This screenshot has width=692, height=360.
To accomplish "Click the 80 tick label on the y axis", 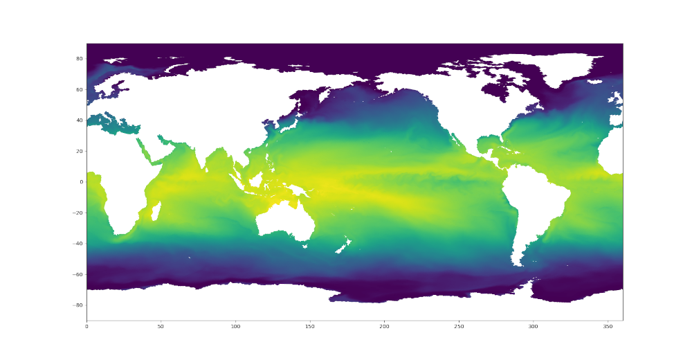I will pyautogui.click(x=80, y=59).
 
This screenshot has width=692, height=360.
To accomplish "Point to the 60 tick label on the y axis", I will pyautogui.click(x=80, y=89).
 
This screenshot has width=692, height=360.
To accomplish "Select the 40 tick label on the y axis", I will pyautogui.click(x=80, y=120).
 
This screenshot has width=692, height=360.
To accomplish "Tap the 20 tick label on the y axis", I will pyautogui.click(x=80, y=151).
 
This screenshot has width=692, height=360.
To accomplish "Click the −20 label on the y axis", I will pyautogui.click(x=79, y=213).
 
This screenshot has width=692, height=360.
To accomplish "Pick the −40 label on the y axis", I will pyautogui.click(x=79, y=244).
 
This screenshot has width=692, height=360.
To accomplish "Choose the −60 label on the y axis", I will pyautogui.click(x=79, y=274).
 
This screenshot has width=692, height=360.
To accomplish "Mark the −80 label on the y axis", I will pyautogui.click(x=79, y=305).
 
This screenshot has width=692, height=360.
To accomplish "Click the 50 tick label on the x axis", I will pyautogui.click(x=161, y=326).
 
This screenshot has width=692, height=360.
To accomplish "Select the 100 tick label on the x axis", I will pyautogui.click(x=235, y=326).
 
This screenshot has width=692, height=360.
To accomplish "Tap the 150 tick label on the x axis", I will pyautogui.click(x=310, y=326).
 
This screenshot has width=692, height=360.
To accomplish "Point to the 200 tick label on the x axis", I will pyautogui.click(x=384, y=326).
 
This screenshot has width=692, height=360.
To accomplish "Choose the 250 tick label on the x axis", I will pyautogui.click(x=459, y=326).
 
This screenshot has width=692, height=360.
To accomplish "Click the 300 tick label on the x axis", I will pyautogui.click(x=533, y=326).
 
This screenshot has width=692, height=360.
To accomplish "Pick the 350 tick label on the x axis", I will pyautogui.click(x=608, y=326).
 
